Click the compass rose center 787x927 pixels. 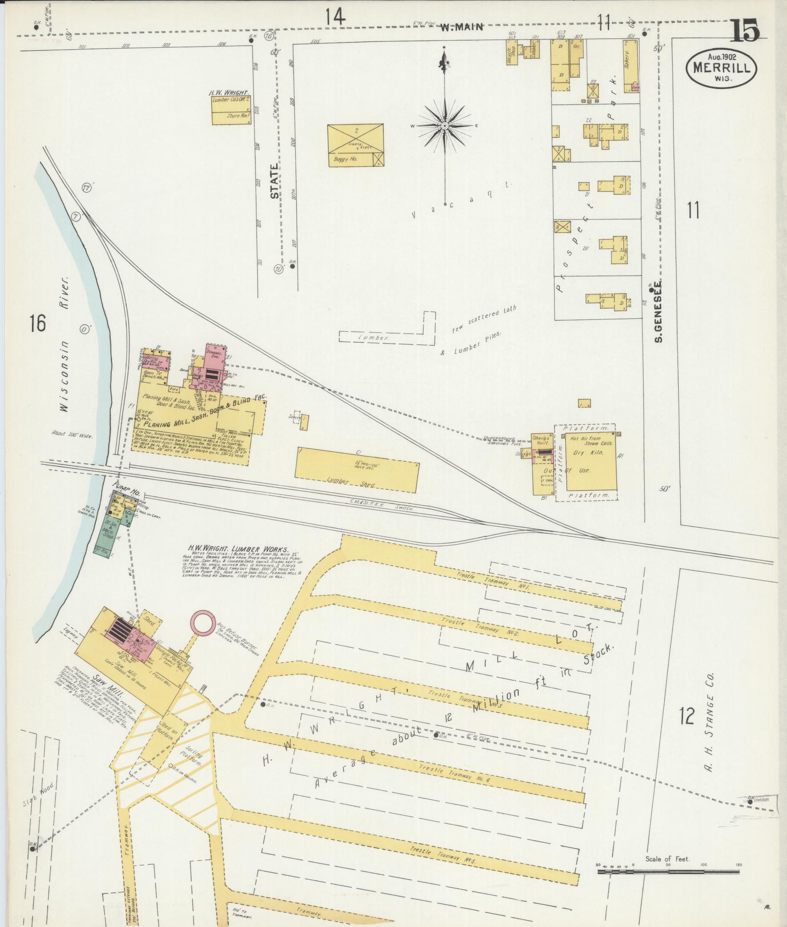click(444, 126)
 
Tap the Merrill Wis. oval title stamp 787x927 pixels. click(721, 69)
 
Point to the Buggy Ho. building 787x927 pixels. click(355, 145)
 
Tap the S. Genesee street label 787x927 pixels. click(658, 311)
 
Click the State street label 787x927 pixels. click(274, 181)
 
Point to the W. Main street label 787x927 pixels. click(461, 28)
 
